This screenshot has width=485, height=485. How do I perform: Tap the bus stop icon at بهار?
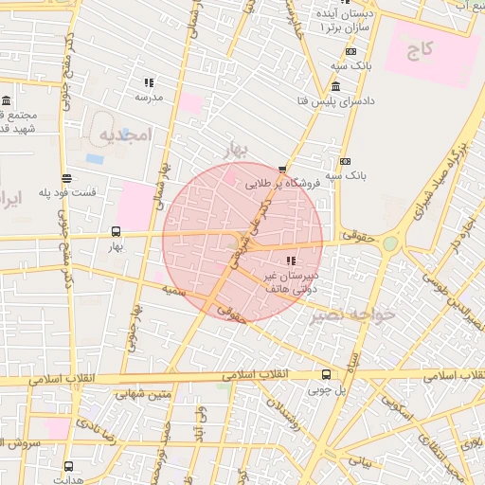click(116, 231)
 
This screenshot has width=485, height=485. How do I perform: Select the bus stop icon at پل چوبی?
click(326, 374)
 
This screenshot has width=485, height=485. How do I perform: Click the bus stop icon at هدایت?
click(68, 466)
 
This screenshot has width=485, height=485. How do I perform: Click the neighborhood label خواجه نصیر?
click(350, 314)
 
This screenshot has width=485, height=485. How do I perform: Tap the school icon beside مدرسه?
click(149, 83)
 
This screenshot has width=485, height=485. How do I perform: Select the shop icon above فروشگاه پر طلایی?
click(282, 170)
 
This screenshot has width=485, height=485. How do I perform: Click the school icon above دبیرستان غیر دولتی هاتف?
click(290, 260)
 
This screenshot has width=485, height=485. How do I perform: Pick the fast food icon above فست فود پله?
click(65, 178)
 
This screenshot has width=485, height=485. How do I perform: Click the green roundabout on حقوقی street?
click(389, 243)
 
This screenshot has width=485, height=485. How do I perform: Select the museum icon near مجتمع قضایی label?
click(7, 100)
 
